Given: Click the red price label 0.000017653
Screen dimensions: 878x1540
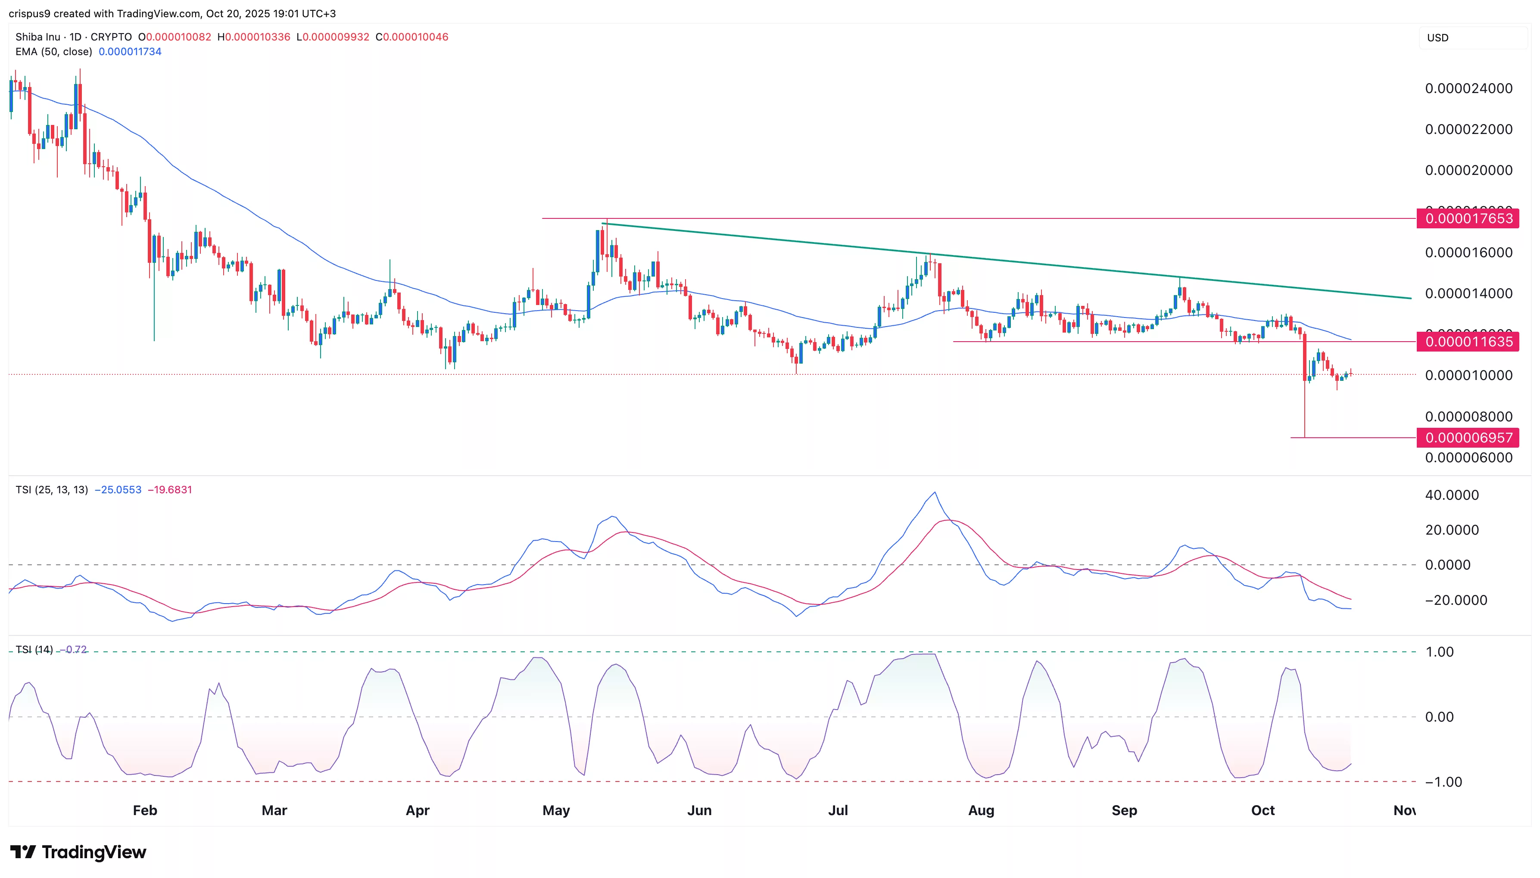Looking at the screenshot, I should coord(1468,218).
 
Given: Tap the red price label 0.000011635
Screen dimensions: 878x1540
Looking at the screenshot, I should coord(1468,342).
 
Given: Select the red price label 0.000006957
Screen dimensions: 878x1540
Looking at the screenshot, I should coord(1468,438).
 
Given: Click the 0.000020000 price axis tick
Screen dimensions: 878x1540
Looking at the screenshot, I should coord(1468,171).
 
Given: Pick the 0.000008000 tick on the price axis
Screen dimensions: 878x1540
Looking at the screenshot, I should coord(1468,417).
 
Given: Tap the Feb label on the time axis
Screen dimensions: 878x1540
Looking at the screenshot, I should coord(145,810).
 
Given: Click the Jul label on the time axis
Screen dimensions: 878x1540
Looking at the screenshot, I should coord(838,810).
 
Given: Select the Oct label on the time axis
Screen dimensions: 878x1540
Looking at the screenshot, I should coord(1263,810).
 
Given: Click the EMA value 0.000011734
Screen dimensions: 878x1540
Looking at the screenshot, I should coord(130,52).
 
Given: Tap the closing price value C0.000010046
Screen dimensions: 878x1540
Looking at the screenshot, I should coord(412,37).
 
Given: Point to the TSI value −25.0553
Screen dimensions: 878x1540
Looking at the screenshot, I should coord(118,490).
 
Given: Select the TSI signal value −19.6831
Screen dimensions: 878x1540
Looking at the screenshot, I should coord(169,490).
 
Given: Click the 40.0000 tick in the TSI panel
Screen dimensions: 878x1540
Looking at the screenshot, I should coord(1451,495).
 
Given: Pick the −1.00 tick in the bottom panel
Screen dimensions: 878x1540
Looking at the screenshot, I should coord(1443,782).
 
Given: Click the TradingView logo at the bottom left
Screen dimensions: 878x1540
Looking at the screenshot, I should coord(78,852).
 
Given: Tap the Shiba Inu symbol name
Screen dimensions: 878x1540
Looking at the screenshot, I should coord(38,37).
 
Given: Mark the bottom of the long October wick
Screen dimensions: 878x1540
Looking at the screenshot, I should coord(1305,437).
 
